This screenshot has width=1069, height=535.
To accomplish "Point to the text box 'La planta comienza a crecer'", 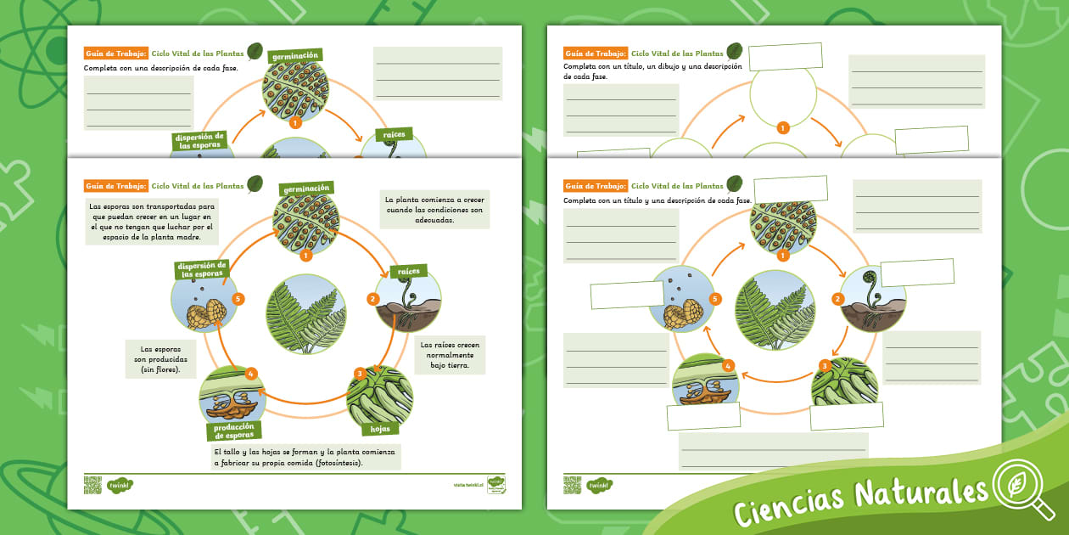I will pos(434,209).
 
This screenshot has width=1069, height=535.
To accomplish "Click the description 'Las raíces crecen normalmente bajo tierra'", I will pos(450,355).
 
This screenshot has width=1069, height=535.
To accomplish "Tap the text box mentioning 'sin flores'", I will pos(161,359).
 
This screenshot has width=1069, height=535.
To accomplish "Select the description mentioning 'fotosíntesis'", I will pos(305,458).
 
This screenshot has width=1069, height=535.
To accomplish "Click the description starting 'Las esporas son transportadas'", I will pos(152,222).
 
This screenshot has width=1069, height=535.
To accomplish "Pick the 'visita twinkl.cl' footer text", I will pos(468,485).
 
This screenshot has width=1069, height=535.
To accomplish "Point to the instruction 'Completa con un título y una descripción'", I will pos(657,200).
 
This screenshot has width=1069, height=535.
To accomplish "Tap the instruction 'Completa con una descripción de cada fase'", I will pos(160,67).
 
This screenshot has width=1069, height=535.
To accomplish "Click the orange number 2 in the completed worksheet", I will pos(372,299).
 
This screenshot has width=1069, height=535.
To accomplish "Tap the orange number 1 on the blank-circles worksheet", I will pos(782,127).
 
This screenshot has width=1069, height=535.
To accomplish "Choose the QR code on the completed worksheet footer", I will pos(92,485).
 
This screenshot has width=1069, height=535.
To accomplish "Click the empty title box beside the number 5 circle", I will pos(627,294).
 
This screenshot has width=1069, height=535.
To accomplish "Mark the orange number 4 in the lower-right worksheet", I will pos(727,366).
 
